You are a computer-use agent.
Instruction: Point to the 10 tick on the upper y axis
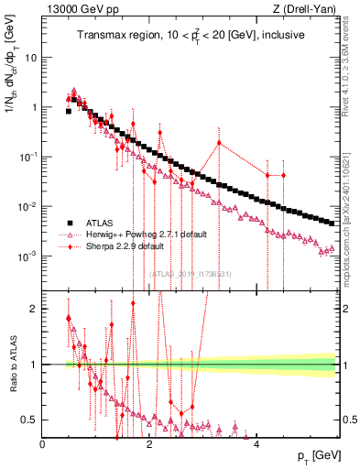click(x=32, y=58)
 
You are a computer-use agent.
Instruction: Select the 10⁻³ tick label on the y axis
click(x=28, y=256)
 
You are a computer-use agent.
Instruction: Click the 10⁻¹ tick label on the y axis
click(x=28, y=157)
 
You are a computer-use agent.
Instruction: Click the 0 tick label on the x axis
click(x=43, y=444)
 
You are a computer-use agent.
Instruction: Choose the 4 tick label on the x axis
click(x=256, y=444)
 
